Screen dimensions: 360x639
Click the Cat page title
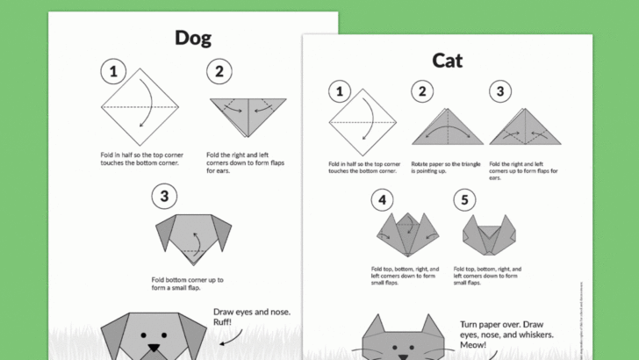(x=447, y=60)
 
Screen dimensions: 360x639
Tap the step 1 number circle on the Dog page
(x=111, y=72)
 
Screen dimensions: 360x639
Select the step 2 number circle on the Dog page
(x=219, y=72)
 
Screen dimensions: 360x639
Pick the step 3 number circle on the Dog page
(x=163, y=197)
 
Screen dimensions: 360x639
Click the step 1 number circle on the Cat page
(x=339, y=90)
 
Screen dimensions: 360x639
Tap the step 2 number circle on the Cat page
(x=423, y=90)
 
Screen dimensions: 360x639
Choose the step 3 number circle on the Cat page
(x=499, y=90)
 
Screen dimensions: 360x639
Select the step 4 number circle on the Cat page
(x=382, y=200)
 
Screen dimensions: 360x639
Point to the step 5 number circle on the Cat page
(x=465, y=200)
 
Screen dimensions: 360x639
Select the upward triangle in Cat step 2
(x=447, y=128)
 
